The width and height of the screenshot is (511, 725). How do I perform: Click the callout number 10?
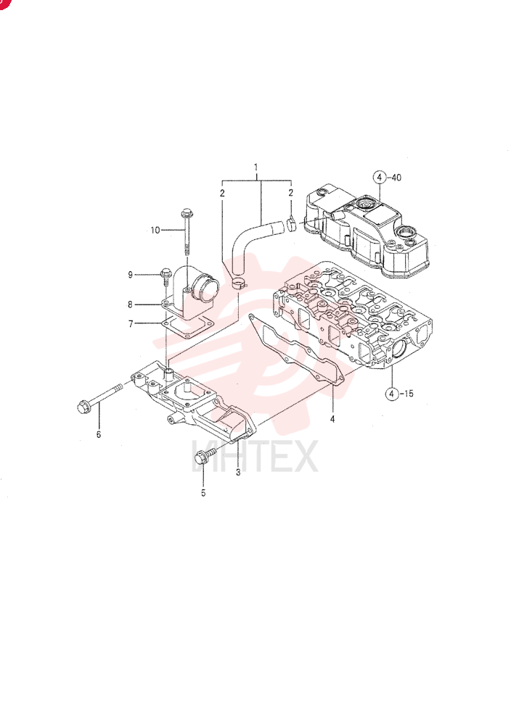click(x=155, y=230)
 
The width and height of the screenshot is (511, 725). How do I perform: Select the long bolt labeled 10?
click(x=187, y=232)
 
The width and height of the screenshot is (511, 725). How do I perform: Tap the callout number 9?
click(x=131, y=275)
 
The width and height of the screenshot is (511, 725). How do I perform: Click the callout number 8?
click(x=131, y=304)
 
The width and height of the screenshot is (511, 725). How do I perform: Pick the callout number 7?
click(x=131, y=323)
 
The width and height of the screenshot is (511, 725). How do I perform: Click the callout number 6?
click(x=99, y=434)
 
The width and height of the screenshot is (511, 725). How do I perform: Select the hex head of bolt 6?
click(x=84, y=407)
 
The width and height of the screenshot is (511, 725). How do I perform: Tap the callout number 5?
click(x=203, y=493)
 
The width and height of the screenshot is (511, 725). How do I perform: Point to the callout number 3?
click(x=238, y=472)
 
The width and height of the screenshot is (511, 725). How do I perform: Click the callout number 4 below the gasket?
click(x=332, y=419)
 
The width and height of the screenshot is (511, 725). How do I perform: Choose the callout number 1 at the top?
click(x=256, y=167)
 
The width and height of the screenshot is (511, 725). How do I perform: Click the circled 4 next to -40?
click(x=379, y=177)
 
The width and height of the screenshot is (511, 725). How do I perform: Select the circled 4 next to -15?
click(x=392, y=394)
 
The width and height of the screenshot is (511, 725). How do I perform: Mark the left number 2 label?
click(x=222, y=193)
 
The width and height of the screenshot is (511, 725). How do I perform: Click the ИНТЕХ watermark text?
click(x=255, y=456)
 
